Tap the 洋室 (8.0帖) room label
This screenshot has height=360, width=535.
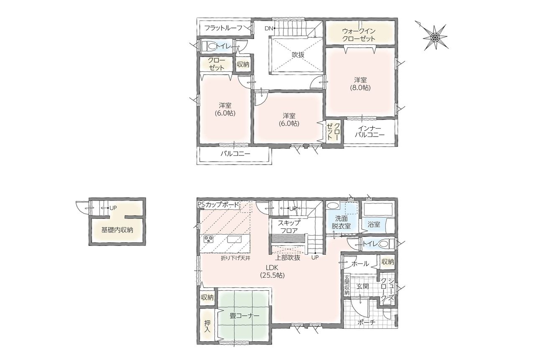pyautogui.click(x=360, y=84)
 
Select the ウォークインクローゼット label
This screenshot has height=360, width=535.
pyautogui.click(x=359, y=35)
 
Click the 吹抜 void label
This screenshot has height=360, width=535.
pyautogui.click(x=298, y=55)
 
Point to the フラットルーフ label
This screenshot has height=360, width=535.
pyautogui.click(x=224, y=28)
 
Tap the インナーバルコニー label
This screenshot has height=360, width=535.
pyautogui.click(x=369, y=132)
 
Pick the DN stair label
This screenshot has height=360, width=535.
pyautogui.click(x=268, y=28)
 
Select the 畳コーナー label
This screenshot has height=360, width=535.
pyautogui.click(x=245, y=316)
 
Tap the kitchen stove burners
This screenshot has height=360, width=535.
pyautogui.click(x=209, y=239)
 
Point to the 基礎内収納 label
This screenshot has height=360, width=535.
pyautogui.click(x=117, y=230)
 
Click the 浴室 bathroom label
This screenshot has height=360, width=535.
pyautogui.click(x=374, y=224)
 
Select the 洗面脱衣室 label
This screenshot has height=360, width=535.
pyautogui.click(x=341, y=222)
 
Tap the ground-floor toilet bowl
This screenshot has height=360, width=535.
pyautogui.click(x=385, y=244)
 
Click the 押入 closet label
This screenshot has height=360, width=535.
pyautogui.click(x=207, y=327)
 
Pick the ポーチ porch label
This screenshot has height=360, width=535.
pyautogui.click(x=367, y=322)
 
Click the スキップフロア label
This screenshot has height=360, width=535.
pyautogui.click(x=289, y=226)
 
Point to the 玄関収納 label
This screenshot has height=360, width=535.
pyautogui.click(x=347, y=286)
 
